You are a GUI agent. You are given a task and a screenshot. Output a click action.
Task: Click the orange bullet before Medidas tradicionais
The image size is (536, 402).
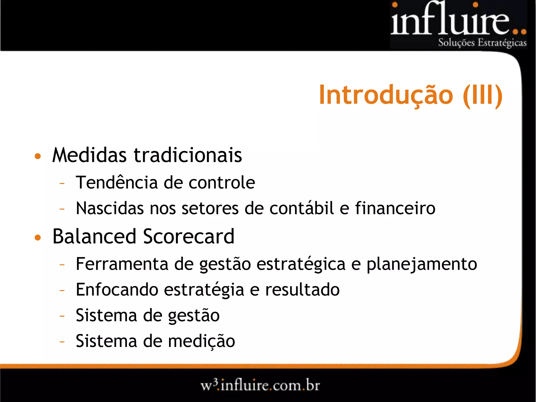pyautogui.click(x=38, y=156)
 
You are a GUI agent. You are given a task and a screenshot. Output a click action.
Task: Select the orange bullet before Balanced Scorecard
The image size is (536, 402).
pyautogui.click(x=38, y=237)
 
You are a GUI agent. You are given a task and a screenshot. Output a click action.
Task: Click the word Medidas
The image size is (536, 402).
pyautogui.click(x=90, y=155)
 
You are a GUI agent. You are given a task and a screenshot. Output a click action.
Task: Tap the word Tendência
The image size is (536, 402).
pyautogui.click(x=117, y=182)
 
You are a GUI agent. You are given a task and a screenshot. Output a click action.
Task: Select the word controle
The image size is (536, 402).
pyautogui.click(x=222, y=182)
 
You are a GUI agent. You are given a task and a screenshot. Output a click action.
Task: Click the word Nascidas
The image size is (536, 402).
pyautogui.click(x=110, y=208)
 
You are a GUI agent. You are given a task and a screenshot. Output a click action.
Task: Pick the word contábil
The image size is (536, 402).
pyautogui.click(x=302, y=208)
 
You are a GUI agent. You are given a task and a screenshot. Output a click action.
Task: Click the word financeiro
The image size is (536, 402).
pyautogui.click(x=395, y=208)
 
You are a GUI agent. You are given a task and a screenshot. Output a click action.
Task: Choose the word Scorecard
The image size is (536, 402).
pyautogui.click(x=188, y=236)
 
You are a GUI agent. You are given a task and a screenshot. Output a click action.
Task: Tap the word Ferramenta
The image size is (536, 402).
pyautogui.click(x=122, y=264)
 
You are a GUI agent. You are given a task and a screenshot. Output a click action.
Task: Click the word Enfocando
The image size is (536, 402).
pyautogui.click(x=117, y=290)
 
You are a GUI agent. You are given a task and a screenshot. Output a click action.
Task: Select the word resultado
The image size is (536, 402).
pyautogui.click(x=302, y=290)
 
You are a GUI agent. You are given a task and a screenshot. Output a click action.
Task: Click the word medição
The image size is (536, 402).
pyautogui.click(x=202, y=341)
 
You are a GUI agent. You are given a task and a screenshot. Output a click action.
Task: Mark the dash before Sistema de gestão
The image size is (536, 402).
pyautogui.click(x=62, y=316)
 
